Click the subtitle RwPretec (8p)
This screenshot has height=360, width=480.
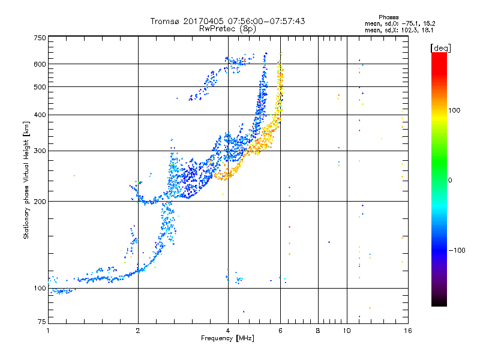(x=227, y=29)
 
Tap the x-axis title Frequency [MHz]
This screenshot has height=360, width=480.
(x=227, y=338)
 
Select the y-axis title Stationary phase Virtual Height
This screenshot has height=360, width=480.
(x=26, y=180)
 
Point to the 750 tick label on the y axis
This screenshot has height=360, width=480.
(x=40, y=38)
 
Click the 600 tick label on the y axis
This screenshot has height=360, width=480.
(x=40, y=64)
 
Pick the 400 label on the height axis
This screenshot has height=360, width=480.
(x=40, y=115)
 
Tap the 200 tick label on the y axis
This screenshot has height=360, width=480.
(x=40, y=201)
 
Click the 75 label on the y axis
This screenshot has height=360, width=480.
(x=42, y=322)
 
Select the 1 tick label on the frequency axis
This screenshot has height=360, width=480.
(x=48, y=331)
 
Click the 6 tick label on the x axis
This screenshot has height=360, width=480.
(x=280, y=331)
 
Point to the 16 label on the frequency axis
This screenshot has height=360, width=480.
(x=408, y=331)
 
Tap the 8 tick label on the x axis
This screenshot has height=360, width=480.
(x=318, y=331)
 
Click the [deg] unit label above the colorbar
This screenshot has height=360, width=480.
(x=440, y=48)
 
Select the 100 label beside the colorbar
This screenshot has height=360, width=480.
(x=454, y=110)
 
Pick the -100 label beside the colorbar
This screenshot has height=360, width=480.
(x=457, y=250)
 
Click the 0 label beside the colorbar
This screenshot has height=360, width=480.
(x=450, y=180)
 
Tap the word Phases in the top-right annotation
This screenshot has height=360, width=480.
(x=388, y=17)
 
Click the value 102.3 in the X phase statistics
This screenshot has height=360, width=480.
(x=409, y=30)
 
